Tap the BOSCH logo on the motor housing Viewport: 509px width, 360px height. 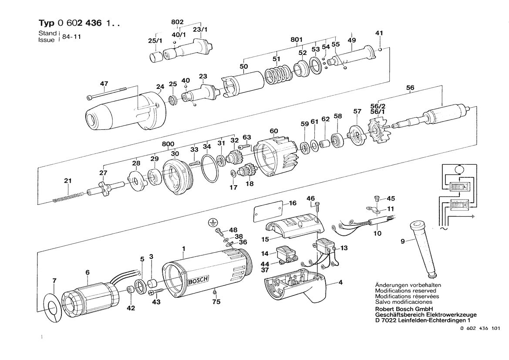pos(198,281)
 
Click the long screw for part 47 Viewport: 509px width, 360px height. pos(107,92)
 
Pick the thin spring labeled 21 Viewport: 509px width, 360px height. pos(67,196)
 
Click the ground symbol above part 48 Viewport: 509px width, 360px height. pos(212,223)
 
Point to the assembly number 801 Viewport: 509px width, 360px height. pos(296,40)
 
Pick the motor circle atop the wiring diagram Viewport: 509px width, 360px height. pos(458,169)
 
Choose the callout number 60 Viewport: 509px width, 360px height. pos(273,131)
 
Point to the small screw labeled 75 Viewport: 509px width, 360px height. pos(214,290)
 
